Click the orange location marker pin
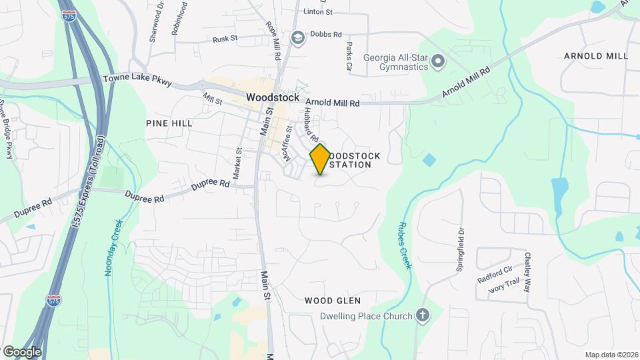(x=320, y=159)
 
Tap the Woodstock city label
(x=273, y=97)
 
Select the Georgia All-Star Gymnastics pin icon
(x=438, y=62)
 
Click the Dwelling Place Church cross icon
(x=422, y=315)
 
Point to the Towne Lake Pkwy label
(x=137, y=81)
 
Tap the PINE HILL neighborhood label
(x=169, y=123)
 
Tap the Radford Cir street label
(x=494, y=275)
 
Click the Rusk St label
(x=225, y=39)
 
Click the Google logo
(x=22, y=351)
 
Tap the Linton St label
(x=317, y=12)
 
